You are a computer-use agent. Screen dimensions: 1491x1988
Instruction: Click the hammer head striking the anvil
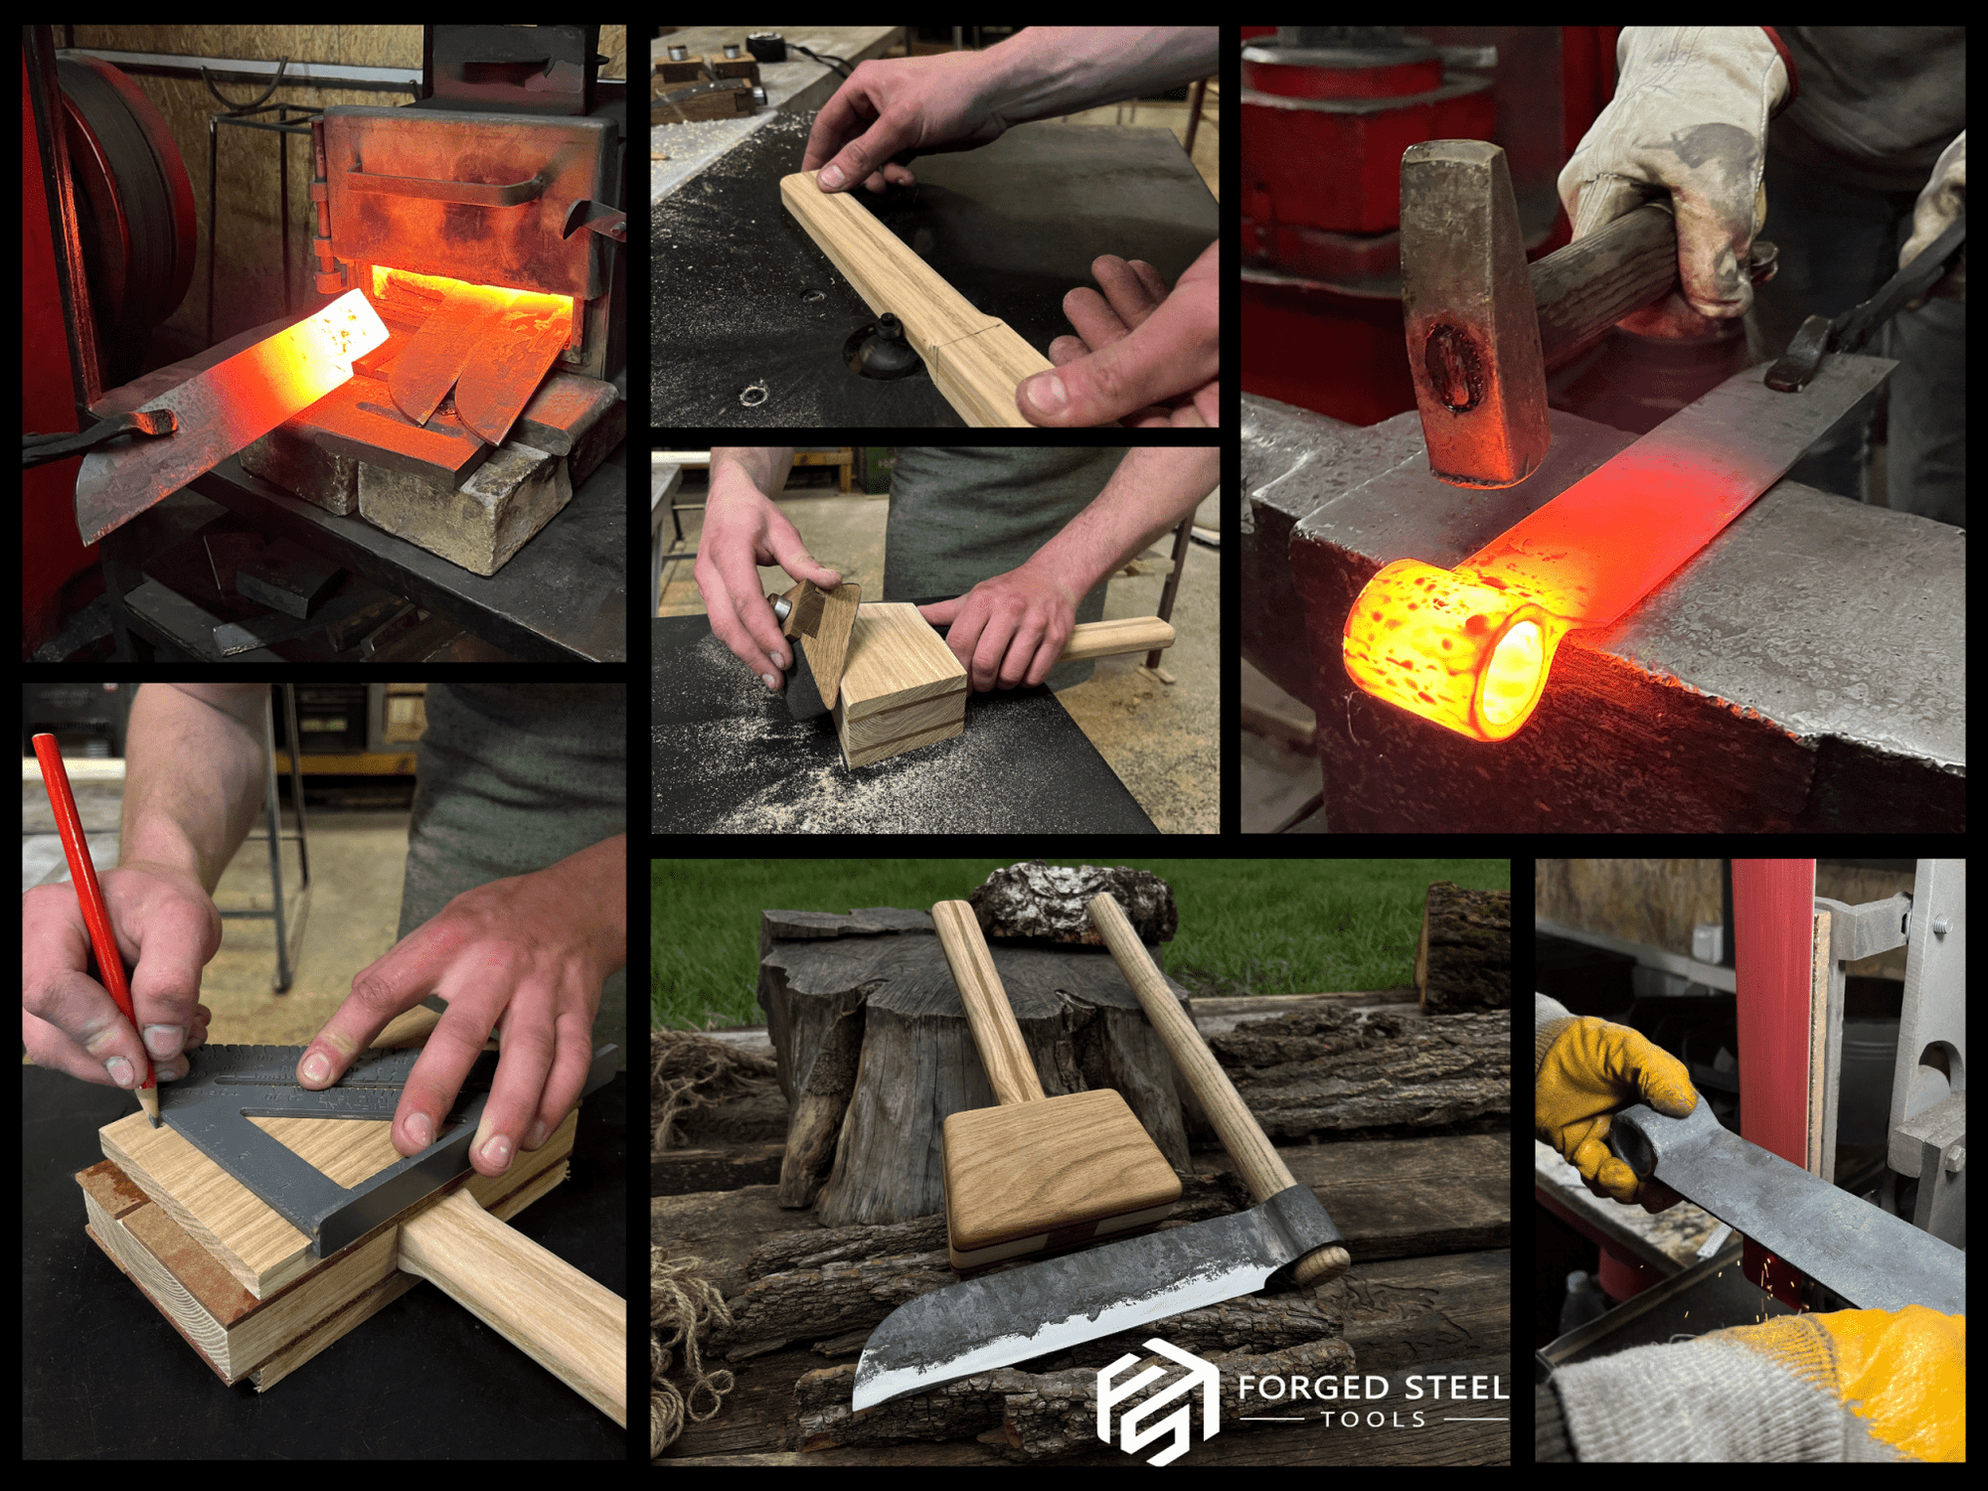(1471, 318)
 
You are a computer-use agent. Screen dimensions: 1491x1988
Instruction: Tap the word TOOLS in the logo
(1374, 1419)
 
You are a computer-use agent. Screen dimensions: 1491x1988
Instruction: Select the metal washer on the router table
(752, 397)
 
